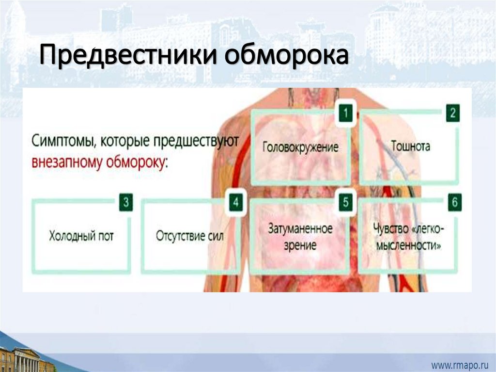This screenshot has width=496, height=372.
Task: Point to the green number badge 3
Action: click(125, 203)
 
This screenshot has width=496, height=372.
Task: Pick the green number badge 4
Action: click(235, 203)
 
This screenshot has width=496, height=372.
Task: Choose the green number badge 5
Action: click(344, 203)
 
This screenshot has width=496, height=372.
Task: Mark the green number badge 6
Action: click(454, 203)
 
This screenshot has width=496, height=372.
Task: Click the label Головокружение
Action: click(301, 147)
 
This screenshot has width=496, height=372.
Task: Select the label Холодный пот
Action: click(81, 237)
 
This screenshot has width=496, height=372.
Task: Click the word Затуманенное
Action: click(301, 228)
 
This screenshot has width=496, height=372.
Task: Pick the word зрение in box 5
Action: click(300, 245)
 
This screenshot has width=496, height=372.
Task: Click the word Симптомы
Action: click(59, 142)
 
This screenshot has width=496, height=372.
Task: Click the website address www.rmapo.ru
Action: click(460, 363)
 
